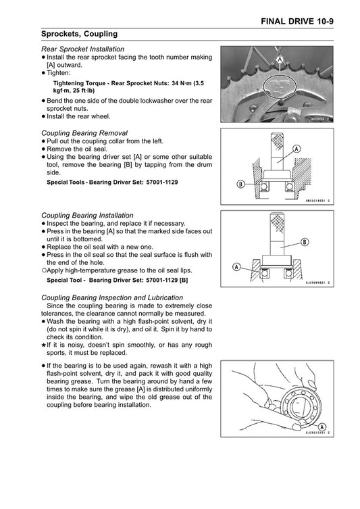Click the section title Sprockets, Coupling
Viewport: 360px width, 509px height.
click(79, 33)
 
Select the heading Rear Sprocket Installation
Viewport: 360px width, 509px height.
click(82, 49)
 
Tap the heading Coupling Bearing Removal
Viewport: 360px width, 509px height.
click(84, 132)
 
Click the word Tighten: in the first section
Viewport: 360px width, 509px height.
click(60, 72)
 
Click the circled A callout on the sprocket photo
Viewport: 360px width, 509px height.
click(278, 60)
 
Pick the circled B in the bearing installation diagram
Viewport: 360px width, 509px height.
click(305, 242)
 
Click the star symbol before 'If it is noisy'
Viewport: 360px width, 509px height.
click(43, 345)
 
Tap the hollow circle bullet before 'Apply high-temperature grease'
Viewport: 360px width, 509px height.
click(43, 269)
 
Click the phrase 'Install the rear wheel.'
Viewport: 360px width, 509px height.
click(78, 116)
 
